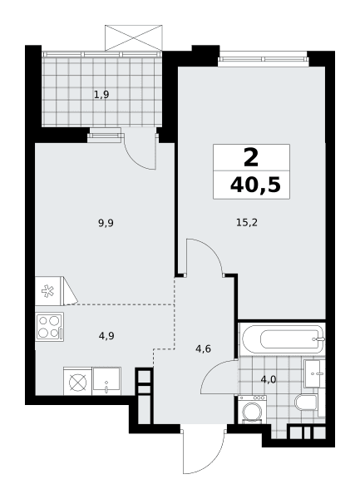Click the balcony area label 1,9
click(101, 95)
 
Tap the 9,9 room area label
click(106, 223)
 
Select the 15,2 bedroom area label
click(247, 222)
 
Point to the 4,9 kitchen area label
click(106, 336)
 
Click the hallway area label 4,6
click(203, 349)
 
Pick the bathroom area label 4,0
click(269, 379)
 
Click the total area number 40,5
click(255, 185)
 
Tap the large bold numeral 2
click(251, 158)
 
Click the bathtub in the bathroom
click(283, 339)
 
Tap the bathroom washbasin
click(314, 373)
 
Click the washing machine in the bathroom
click(252, 409)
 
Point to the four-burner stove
click(50, 327)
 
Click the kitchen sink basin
click(107, 381)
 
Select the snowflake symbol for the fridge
click(47, 291)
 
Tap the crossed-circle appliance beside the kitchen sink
click(77, 382)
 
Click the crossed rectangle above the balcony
click(134, 38)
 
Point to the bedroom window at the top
click(263, 59)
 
